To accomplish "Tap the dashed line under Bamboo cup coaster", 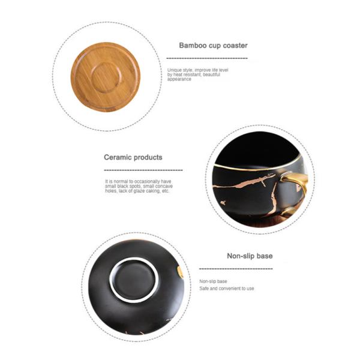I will pos(206,58).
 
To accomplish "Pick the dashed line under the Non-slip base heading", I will pos(235,269).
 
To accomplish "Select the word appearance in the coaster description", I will pos(179,80).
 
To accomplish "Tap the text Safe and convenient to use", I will pos(226,289).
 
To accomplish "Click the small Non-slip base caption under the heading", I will pos(213,281).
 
